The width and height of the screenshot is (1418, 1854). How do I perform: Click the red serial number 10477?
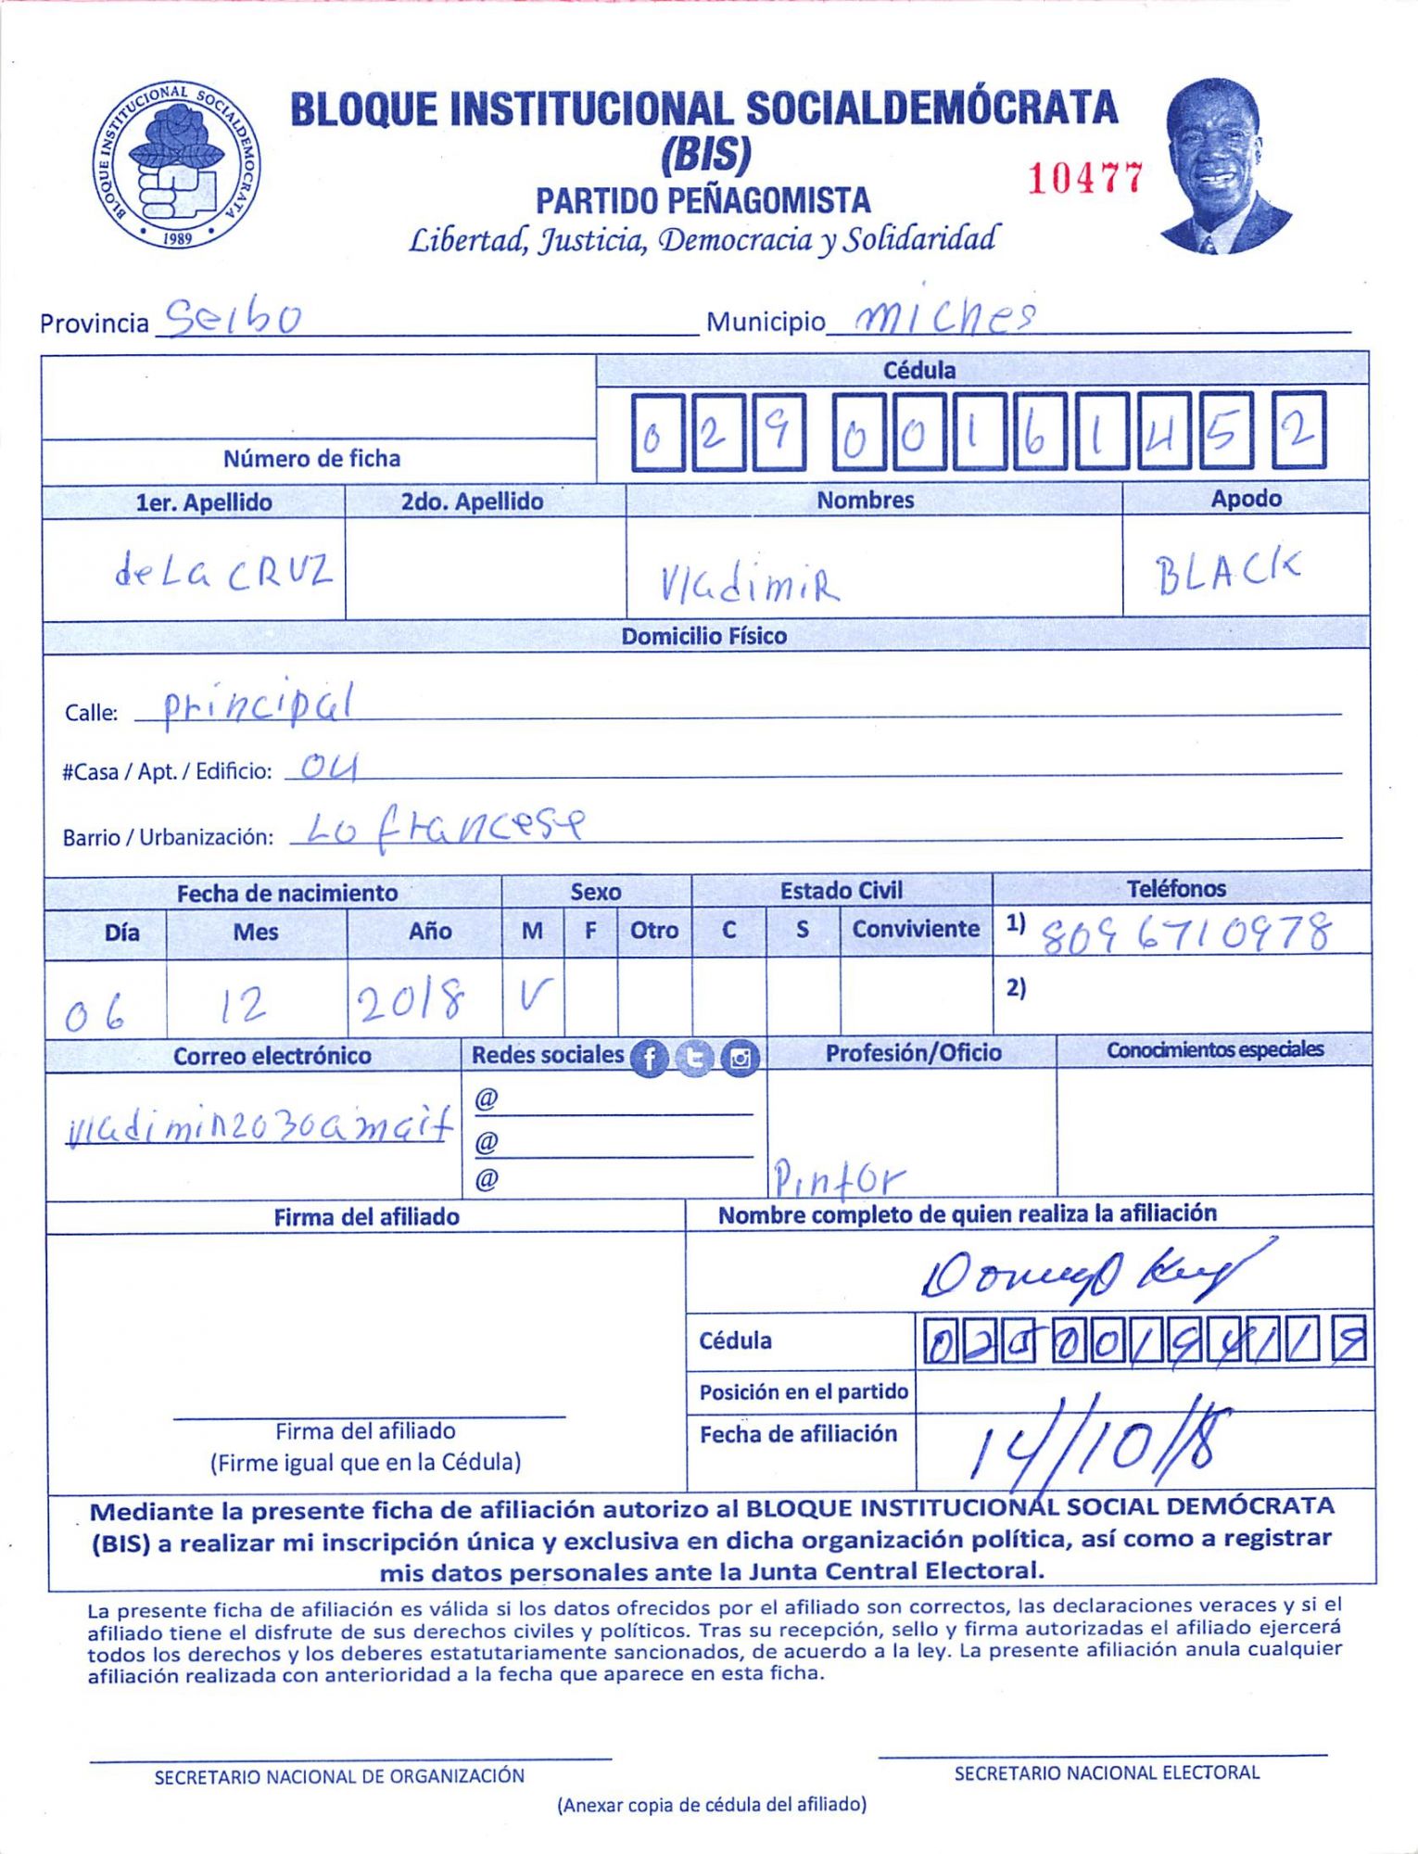pos(1085,177)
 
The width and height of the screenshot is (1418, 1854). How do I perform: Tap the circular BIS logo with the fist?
pos(176,164)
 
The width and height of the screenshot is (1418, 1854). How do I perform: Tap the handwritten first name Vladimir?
pos(749,583)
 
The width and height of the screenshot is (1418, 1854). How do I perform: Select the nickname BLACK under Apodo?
pos(1227,573)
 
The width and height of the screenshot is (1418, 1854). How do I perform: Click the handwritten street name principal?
pos(259,705)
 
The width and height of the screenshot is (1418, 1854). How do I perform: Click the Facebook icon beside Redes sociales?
pos(649,1058)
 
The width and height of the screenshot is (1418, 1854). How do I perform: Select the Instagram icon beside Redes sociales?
pos(740,1058)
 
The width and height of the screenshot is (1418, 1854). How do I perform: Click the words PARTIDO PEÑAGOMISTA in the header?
pos(703,200)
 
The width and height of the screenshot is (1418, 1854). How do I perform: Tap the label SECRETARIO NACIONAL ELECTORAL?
pos(1107,1772)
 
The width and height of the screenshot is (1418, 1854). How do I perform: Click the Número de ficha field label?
pos(311,459)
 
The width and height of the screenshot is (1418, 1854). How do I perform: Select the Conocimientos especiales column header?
pos(1214,1049)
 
